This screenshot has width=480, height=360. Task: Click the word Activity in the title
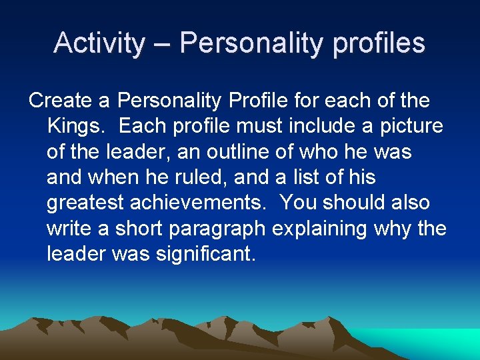point(99,43)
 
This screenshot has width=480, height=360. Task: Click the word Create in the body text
point(61,101)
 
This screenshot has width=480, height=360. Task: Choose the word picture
point(411,127)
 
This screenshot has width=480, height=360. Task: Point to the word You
point(297,203)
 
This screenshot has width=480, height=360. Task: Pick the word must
point(267,127)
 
